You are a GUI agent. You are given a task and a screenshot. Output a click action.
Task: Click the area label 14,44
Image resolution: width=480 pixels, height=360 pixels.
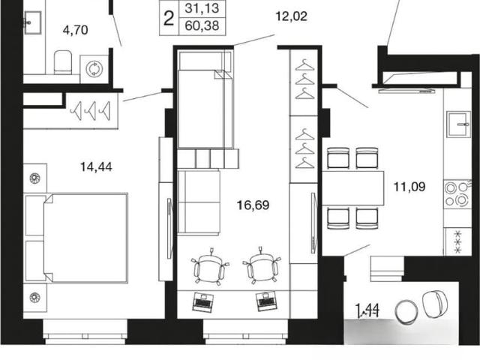96,167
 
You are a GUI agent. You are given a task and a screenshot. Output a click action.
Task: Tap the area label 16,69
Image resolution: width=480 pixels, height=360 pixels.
253,205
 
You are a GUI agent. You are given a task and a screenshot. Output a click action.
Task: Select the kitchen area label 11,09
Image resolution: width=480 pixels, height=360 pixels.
409,187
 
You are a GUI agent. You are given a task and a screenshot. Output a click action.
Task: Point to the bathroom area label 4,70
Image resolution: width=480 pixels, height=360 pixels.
75,30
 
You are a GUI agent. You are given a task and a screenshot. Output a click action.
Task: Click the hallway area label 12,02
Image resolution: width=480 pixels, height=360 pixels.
291,16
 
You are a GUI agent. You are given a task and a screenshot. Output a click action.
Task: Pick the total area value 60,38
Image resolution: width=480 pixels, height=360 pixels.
202,25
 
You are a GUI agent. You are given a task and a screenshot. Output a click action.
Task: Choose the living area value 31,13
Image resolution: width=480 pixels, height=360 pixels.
202,8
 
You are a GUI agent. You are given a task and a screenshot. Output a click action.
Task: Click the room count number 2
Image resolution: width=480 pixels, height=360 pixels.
169,19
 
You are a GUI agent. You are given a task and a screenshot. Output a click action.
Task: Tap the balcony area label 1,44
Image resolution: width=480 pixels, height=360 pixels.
367,310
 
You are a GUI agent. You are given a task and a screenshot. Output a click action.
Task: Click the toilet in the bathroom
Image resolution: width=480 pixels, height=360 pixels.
63,62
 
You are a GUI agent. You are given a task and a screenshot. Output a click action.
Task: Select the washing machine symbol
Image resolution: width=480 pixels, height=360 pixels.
94,69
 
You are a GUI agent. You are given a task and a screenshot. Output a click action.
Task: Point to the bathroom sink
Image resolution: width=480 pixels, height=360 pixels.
32,22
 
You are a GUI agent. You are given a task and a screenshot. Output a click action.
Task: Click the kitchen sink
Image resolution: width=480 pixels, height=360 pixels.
458,124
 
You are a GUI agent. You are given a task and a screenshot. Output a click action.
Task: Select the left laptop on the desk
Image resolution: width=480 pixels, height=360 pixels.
202,301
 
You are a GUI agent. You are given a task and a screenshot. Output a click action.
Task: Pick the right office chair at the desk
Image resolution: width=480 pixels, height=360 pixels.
262,265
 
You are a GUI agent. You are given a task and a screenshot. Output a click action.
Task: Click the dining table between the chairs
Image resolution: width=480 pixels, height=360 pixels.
353,188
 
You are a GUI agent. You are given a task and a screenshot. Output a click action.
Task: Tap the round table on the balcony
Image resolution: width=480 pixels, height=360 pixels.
406,312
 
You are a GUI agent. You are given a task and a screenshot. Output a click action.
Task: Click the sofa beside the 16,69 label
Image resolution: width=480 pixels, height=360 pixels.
199,202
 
